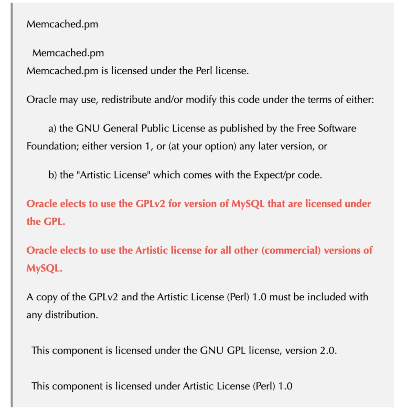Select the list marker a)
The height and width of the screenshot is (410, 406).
tap(52, 129)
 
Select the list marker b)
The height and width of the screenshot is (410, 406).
tap(52, 175)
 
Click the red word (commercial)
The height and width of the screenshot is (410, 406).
tap(291, 250)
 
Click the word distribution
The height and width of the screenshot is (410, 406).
tap(71, 315)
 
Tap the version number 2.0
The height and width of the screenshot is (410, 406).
tap(328, 351)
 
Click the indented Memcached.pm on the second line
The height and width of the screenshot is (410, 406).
tap(68, 53)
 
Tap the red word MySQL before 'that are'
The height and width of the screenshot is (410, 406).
tap(248, 204)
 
